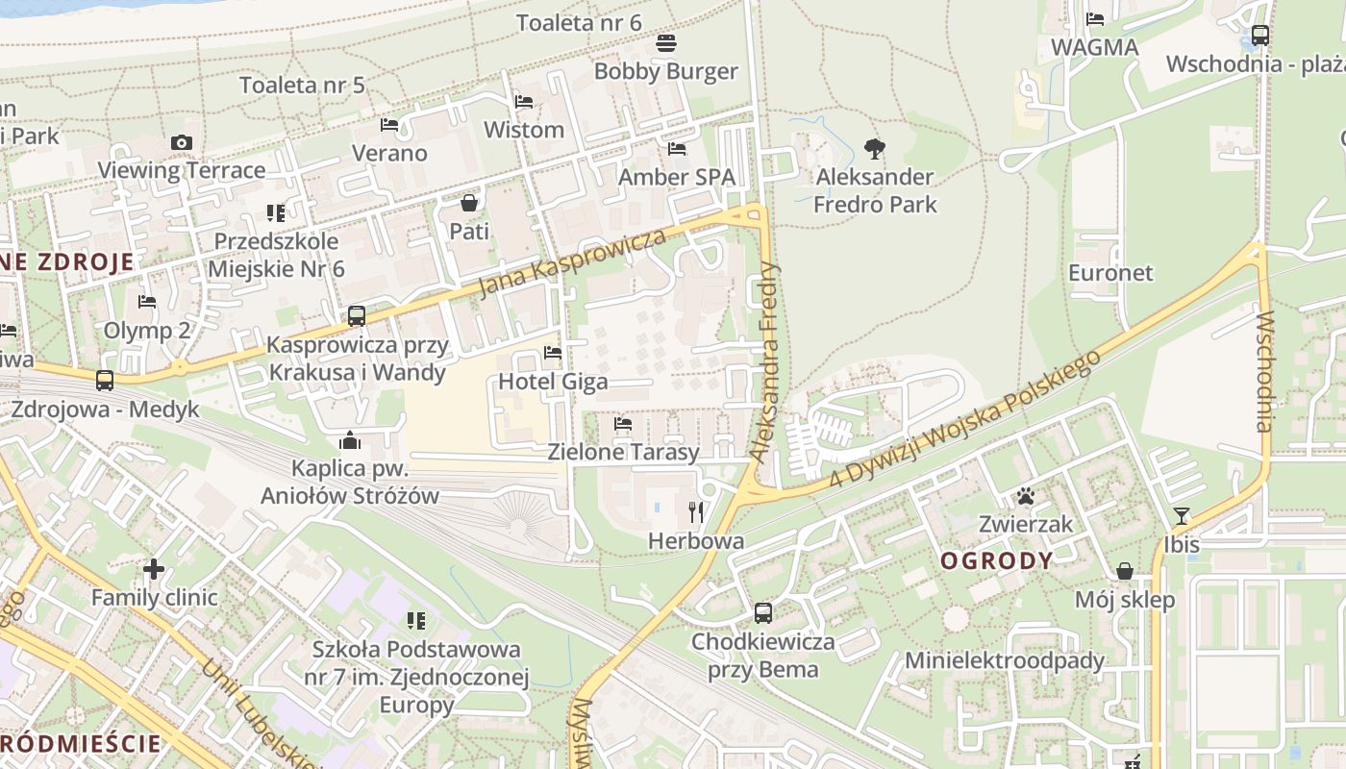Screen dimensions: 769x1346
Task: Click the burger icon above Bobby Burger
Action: pos(666,43)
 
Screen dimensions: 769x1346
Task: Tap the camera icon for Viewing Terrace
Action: pos(181,143)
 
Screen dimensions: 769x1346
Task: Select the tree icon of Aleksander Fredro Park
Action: pos(874,149)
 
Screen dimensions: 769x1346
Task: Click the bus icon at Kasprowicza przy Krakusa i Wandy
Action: pos(357,315)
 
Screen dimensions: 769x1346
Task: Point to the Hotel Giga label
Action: pos(553,382)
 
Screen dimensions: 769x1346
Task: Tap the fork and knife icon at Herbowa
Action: pos(696,512)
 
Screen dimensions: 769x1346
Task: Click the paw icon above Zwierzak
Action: pos(1026,497)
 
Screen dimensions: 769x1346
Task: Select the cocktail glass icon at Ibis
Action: pos(1182,516)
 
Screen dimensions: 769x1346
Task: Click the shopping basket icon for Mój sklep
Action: pos(1124,572)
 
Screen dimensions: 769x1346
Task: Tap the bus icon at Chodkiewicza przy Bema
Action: pos(763,612)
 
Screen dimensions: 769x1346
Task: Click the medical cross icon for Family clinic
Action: pos(154,569)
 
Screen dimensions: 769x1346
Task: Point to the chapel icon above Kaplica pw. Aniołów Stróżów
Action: pos(350,440)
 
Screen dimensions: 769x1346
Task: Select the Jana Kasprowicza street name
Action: pos(573,262)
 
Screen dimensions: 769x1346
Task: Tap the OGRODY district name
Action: pos(997,561)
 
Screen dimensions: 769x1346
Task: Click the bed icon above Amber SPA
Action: pos(677,149)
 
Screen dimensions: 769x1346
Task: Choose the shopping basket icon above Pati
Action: pos(469,203)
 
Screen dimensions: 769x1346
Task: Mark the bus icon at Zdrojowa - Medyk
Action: pos(105,381)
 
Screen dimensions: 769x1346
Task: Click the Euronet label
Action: pos(1110,273)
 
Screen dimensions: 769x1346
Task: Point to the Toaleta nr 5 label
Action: pos(302,85)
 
